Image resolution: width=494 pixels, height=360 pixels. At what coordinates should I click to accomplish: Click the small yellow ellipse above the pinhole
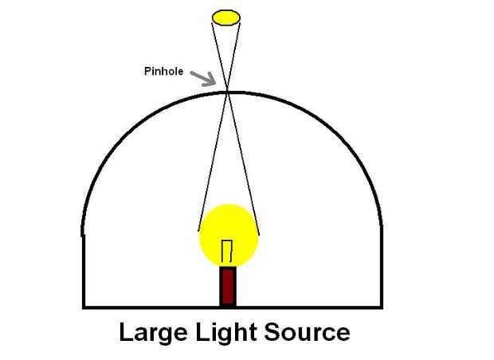tap(226, 17)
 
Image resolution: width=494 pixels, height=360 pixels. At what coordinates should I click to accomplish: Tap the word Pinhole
tap(164, 72)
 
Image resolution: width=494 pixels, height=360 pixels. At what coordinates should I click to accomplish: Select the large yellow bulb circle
tap(229, 235)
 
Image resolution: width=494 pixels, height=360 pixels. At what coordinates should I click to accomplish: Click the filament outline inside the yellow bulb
tap(227, 251)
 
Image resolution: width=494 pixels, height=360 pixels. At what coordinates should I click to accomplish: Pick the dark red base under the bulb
tap(228, 286)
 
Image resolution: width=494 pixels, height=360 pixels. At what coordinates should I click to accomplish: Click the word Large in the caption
tap(152, 331)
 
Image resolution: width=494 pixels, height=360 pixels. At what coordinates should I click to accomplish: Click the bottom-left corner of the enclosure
tap(84, 307)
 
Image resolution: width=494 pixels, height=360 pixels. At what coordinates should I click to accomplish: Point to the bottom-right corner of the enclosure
tap(380, 307)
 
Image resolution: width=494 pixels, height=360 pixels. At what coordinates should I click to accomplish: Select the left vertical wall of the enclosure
tap(84, 271)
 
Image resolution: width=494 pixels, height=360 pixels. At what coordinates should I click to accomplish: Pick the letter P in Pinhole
tap(147, 72)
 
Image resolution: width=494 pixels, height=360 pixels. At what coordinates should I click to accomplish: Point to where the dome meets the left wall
tap(84, 233)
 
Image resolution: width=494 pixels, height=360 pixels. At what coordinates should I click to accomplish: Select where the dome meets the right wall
tap(380, 227)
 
